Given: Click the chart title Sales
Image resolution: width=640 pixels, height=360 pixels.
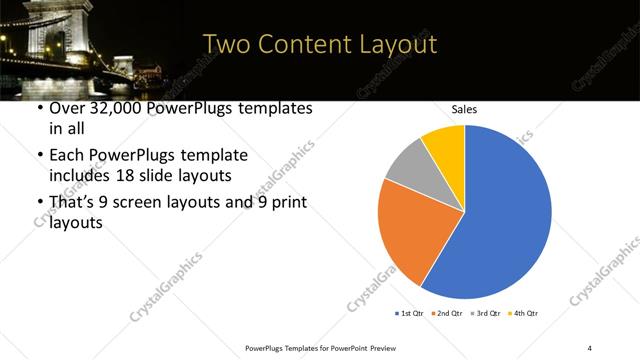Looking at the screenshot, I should coord(464,109).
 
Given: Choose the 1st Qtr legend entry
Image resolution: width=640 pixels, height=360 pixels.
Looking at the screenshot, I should coord(411,314).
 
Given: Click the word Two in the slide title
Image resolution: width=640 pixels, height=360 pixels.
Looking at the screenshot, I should coord(227,45).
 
